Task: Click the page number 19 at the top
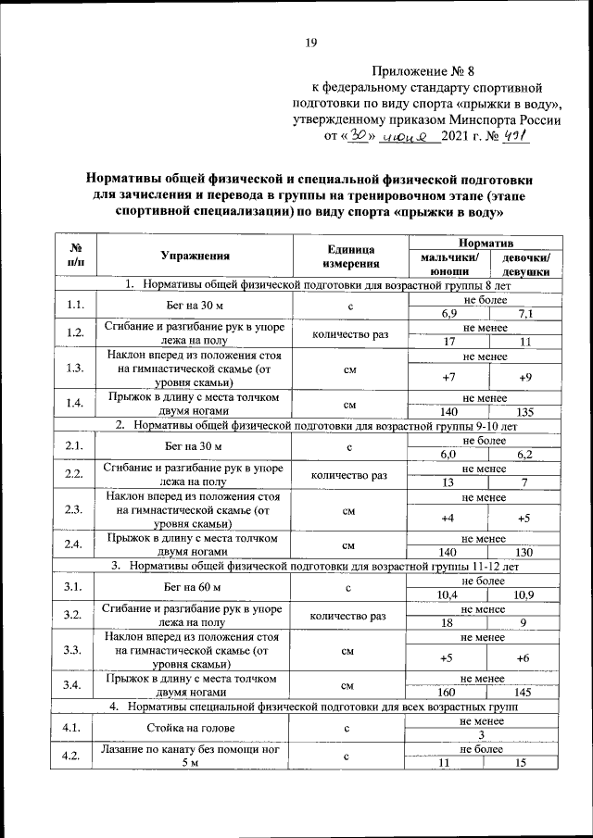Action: pyautogui.click(x=311, y=41)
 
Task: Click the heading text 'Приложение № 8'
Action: pyautogui.click(x=423, y=70)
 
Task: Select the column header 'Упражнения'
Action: pyautogui.click(x=195, y=256)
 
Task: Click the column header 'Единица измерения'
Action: pyautogui.click(x=350, y=256)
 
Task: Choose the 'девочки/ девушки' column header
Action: pyautogui.click(x=525, y=265)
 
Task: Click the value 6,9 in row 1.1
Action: pyautogui.click(x=449, y=313)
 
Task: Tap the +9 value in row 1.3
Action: pyautogui.click(x=525, y=377)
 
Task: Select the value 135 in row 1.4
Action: pyautogui.click(x=525, y=412)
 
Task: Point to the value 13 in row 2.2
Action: pyautogui.click(x=449, y=482)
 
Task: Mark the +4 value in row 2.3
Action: pyautogui.click(x=449, y=518)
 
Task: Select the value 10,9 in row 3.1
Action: pyautogui.click(x=525, y=594)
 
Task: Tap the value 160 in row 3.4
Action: pyautogui.click(x=449, y=693)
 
